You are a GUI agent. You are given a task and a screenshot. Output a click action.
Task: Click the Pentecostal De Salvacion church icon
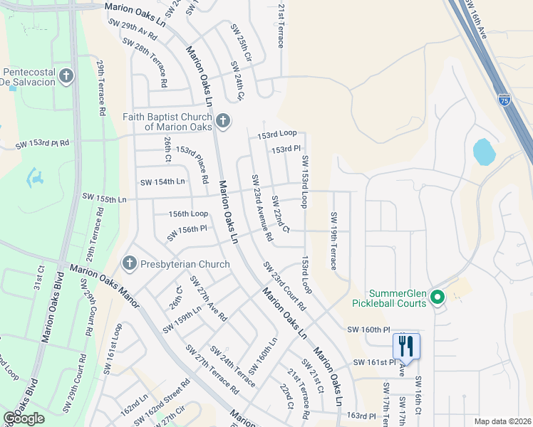pos(66,76)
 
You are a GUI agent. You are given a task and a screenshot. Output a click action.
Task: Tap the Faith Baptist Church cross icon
pos(222,121)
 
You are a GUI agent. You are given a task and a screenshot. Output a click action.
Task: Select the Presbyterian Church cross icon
pos(129,264)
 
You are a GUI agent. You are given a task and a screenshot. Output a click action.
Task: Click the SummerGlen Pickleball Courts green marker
pos(438,297)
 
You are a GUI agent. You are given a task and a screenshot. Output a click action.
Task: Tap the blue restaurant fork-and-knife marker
pos(406,347)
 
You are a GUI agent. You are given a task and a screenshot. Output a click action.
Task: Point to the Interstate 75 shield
pos(504,100)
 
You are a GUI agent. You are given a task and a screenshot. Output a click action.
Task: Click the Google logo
pos(24,419)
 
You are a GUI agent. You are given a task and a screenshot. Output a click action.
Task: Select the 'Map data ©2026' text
pos(503,421)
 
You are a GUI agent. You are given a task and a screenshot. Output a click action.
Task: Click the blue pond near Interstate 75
pos(484,151)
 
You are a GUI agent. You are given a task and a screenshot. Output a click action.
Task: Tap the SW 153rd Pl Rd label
pos(43,143)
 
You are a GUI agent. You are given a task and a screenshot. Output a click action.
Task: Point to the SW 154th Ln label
pos(162,182)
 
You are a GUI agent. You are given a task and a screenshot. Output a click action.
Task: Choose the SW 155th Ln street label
pos(104,196)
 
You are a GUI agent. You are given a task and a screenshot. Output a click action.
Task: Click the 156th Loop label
pos(188,213)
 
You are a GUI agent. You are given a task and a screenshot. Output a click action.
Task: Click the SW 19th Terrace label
pos(333,241)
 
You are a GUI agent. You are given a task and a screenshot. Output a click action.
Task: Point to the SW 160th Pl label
pos(369,330)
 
